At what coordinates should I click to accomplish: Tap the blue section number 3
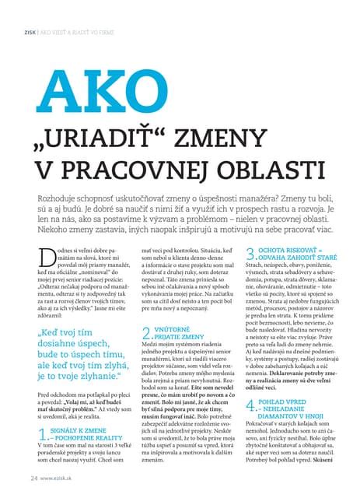[250, 254]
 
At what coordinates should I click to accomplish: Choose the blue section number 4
[250, 406]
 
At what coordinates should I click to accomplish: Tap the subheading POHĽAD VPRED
[286, 402]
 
